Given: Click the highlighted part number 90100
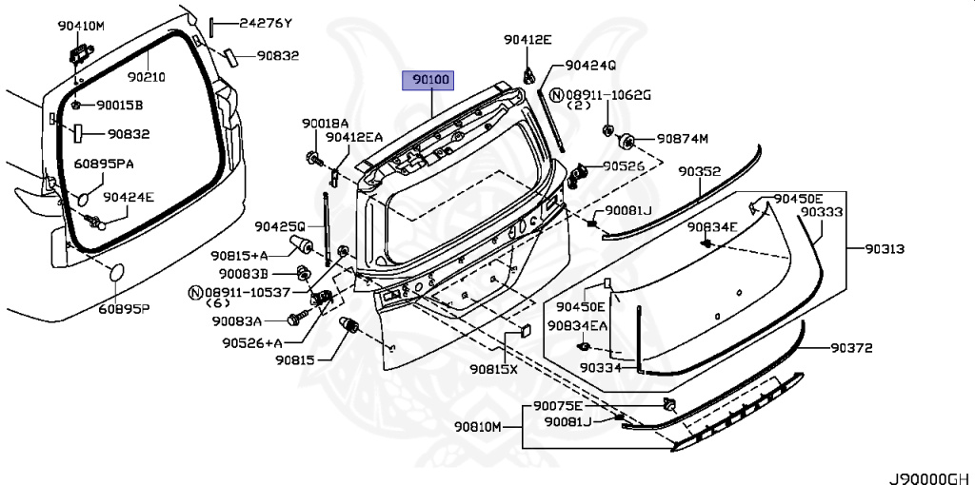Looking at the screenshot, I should coord(430,81).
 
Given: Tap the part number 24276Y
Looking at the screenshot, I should coord(265,22).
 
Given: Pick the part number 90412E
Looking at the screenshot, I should coord(527,39).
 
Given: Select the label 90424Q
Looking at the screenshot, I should coord(590,66).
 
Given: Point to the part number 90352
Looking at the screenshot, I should coord(699,172).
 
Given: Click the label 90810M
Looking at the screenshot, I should coord(477,427).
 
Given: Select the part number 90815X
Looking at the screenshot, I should coord(493,369).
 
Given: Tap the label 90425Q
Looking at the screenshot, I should coord(279,226).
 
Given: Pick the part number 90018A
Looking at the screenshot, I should coord(326,124).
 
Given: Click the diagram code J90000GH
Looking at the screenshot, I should coord(930,475).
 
